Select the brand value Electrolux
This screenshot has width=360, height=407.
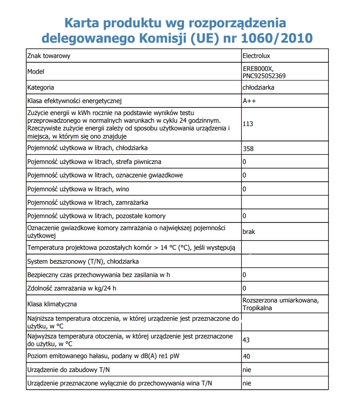point(257,56)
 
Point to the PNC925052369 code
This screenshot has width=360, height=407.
point(265,76)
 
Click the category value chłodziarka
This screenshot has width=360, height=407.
point(258,88)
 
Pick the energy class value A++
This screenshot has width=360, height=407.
point(250,101)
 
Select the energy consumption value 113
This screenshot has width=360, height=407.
point(248,124)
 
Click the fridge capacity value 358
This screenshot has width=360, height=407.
point(248,149)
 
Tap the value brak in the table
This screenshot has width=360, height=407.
point(249,232)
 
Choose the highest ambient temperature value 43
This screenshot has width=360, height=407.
point(246,340)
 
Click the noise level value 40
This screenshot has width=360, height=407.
point(246,356)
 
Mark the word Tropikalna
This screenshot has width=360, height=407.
point(257,308)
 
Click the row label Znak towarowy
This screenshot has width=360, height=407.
point(49,56)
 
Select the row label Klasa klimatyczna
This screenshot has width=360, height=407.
point(52,304)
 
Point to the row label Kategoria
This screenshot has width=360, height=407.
point(41,88)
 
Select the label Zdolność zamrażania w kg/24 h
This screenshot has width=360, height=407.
point(72,288)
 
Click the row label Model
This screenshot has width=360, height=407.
point(36,71)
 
